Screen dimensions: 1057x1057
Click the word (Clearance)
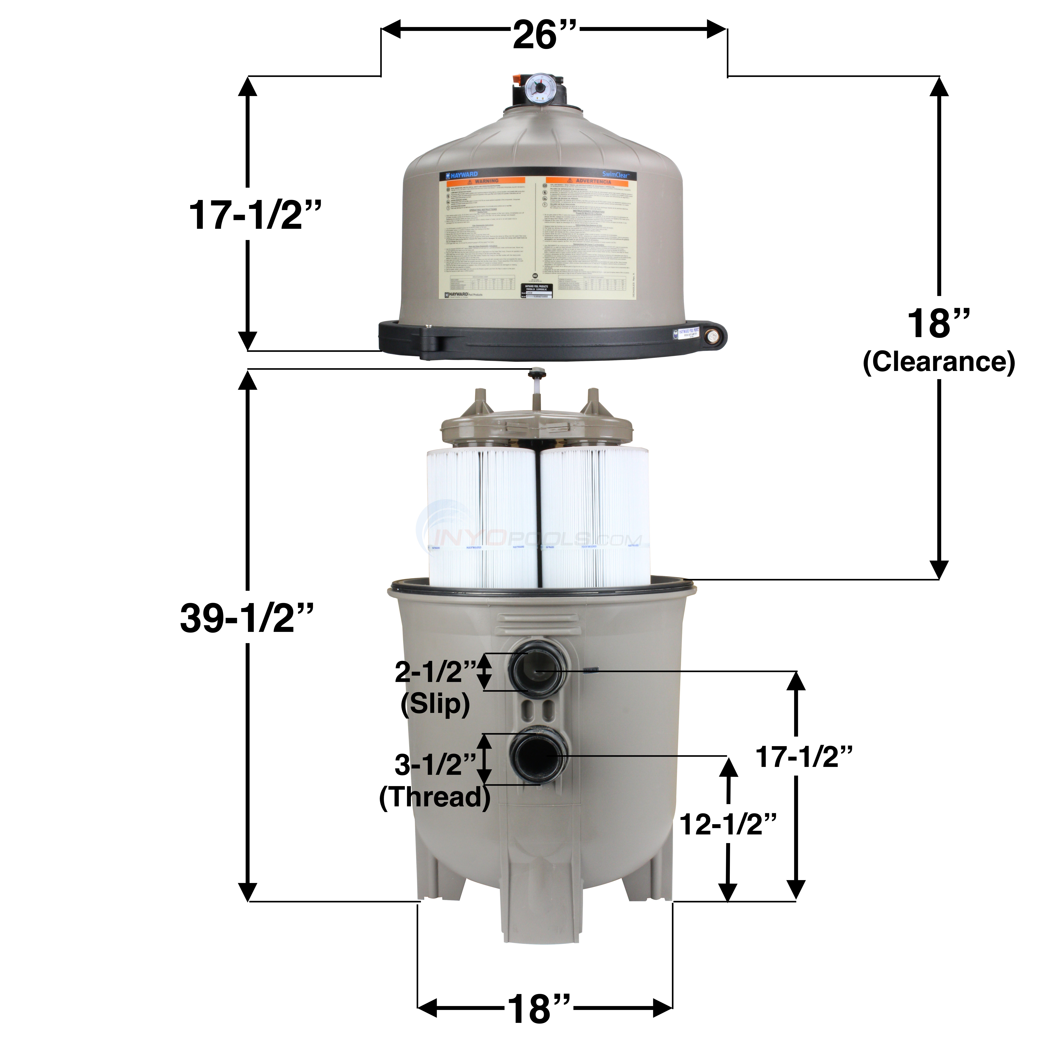click(x=939, y=362)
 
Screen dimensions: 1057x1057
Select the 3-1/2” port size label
click(x=436, y=764)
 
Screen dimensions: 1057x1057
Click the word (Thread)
click(x=435, y=797)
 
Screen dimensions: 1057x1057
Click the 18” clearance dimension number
click(x=939, y=324)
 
